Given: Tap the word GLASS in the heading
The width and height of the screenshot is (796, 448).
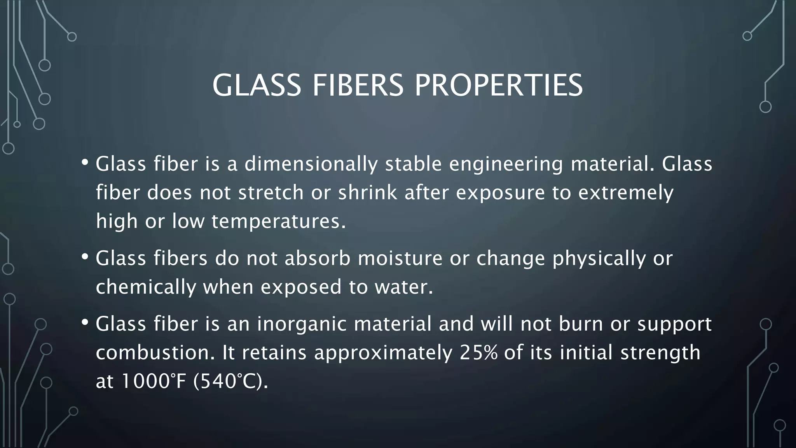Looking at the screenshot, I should [x=257, y=86].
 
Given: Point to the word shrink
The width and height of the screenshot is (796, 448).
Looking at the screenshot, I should [x=368, y=193].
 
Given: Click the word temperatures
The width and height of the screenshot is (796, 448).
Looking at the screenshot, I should [x=278, y=222].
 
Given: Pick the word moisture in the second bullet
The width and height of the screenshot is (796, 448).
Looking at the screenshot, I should [x=400, y=259].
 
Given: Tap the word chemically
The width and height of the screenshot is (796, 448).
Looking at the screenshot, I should [x=146, y=288].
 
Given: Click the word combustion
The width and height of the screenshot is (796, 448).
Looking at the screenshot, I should [x=155, y=353].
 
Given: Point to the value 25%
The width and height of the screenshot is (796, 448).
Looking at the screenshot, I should [x=478, y=353].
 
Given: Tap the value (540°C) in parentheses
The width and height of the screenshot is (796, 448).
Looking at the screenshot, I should [x=230, y=381].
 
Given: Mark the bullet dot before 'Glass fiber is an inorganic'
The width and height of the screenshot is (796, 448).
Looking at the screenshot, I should [x=85, y=322].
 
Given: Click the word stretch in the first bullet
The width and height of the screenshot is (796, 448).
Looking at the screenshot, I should [x=271, y=193].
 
